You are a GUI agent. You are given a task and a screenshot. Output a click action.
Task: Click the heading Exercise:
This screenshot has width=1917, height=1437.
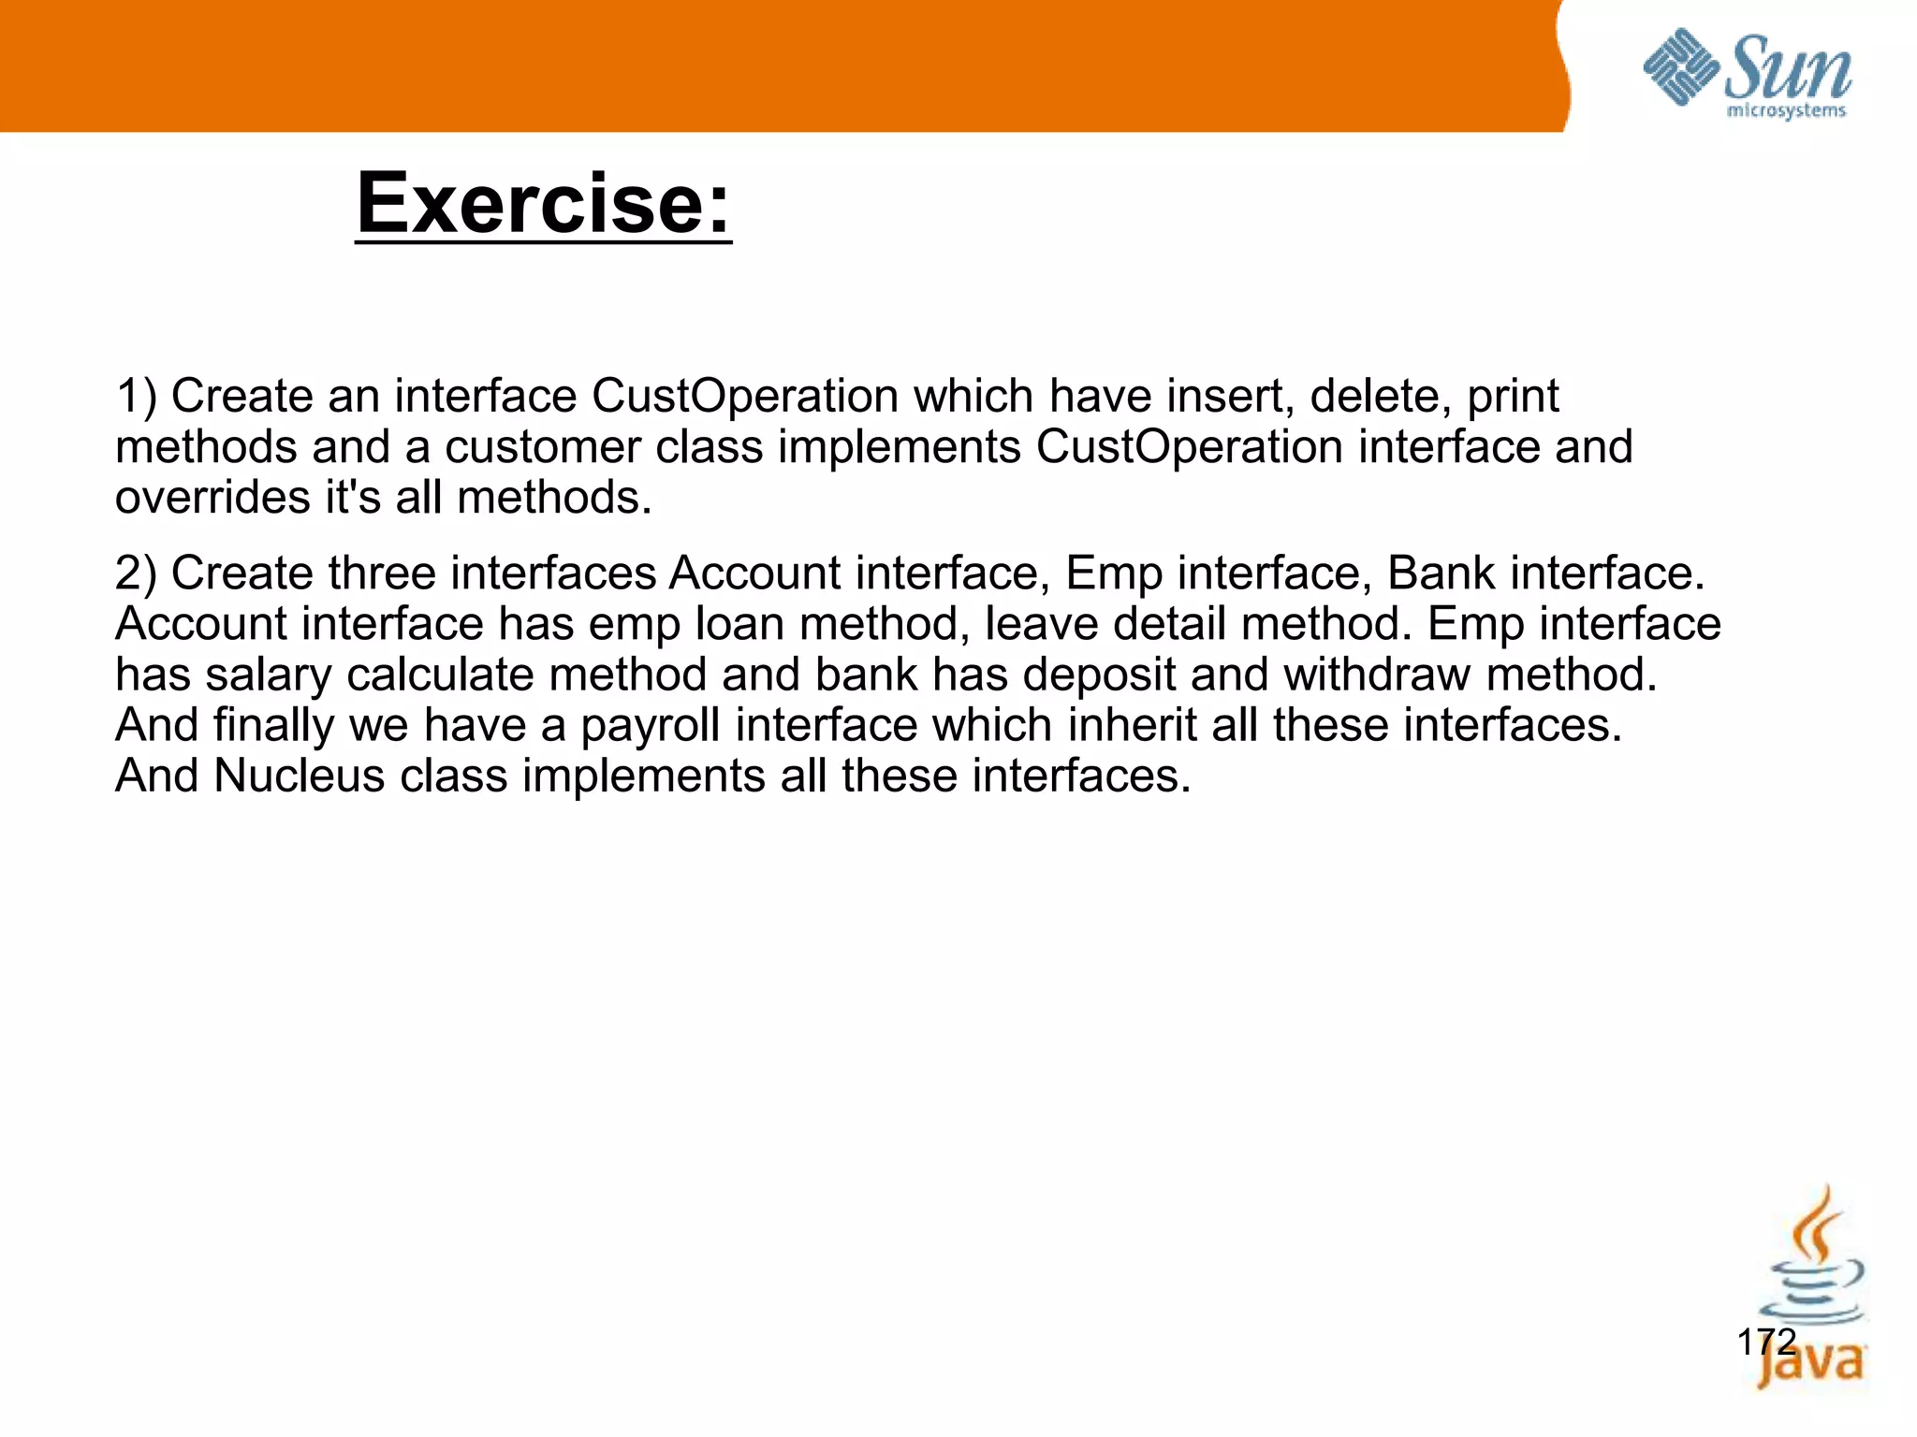[543, 204]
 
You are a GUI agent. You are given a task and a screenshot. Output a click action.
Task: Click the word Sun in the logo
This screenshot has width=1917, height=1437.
[1788, 68]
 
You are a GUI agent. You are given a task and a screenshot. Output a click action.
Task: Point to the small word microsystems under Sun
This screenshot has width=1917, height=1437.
[1785, 111]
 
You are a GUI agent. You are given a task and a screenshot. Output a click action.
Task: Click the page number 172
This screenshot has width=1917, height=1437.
[1765, 1342]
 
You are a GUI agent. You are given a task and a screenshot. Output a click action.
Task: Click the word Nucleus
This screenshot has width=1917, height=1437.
[300, 776]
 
